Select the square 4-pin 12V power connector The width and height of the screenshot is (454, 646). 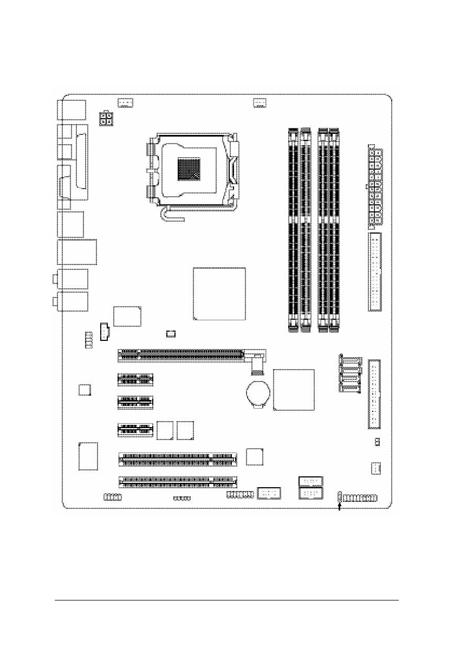coord(106,119)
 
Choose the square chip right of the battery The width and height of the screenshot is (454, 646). coord(294,390)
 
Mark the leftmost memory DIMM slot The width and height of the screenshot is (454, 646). coord(293,230)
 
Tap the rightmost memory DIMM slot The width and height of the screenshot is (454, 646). coord(333,230)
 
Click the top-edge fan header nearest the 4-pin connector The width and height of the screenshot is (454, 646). coord(126,102)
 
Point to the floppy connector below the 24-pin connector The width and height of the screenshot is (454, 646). coord(375,273)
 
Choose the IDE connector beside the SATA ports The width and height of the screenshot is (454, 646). coord(374,394)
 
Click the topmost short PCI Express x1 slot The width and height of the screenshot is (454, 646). coord(135,379)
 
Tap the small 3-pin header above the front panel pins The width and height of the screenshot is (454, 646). coord(375,468)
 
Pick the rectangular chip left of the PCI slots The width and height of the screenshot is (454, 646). coord(89,456)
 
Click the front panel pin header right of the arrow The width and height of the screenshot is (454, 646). coord(360,498)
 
